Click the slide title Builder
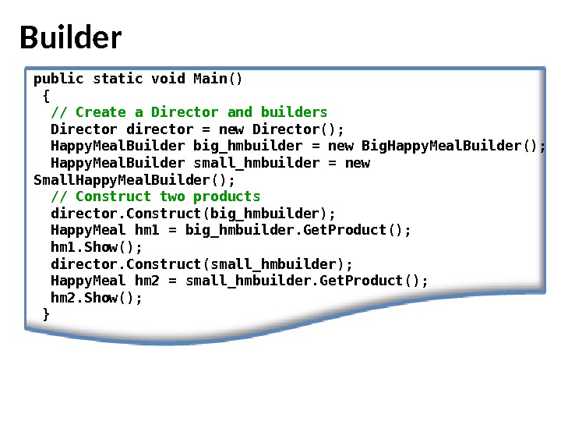[x=70, y=37]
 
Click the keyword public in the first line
[x=58, y=79]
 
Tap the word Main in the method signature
[x=210, y=79]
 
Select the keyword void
[x=168, y=79]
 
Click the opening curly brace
[x=46, y=95]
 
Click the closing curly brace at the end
[x=46, y=314]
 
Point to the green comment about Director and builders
[x=189, y=112]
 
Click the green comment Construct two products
[x=156, y=196]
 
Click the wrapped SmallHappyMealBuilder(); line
[x=134, y=180]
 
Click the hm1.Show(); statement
[x=97, y=247]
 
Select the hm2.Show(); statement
[x=97, y=298]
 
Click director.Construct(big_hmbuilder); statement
[x=193, y=214]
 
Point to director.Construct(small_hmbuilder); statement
[x=202, y=264]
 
